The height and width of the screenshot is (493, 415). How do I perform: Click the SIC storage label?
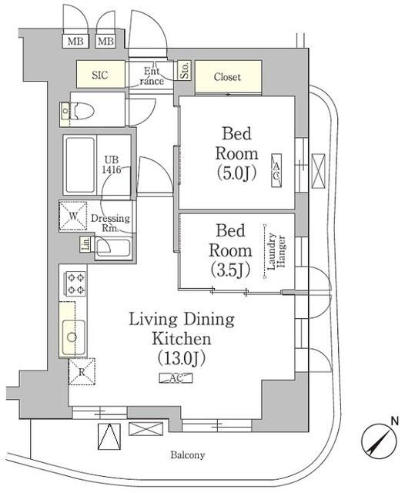click(100, 76)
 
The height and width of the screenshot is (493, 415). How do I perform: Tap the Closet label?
click(227, 77)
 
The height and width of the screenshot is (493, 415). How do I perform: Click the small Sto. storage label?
click(185, 71)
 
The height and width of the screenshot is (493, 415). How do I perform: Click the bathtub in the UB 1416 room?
click(80, 166)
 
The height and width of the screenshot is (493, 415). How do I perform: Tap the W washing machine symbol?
click(73, 216)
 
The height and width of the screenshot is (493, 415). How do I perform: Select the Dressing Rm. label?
click(111, 223)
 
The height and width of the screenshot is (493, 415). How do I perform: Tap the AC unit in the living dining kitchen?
click(176, 378)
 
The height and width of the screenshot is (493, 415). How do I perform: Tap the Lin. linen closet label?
click(85, 246)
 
